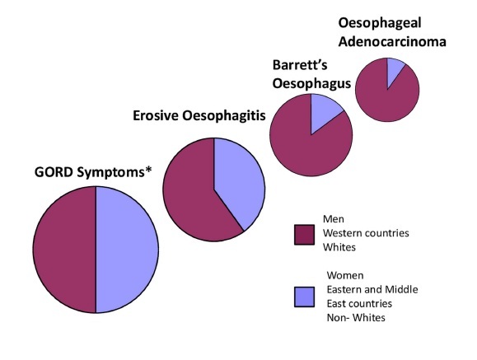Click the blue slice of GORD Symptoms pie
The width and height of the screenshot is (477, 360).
coord(127,250)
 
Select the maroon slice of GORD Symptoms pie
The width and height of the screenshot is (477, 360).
coord(64,250)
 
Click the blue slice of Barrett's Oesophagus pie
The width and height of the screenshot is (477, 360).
coord(323,111)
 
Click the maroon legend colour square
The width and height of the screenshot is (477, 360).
coord(304,235)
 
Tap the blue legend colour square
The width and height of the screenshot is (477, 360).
coord(304,297)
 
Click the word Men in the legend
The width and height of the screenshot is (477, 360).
coord(334,219)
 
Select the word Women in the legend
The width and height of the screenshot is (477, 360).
coord(345,275)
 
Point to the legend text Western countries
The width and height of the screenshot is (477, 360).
coord(366,233)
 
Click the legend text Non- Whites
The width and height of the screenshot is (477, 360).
coord(356,318)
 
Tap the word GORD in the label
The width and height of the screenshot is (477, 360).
coord(54,172)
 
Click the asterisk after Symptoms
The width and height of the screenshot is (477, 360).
coord(148,170)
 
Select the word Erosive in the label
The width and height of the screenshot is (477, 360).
coord(156,115)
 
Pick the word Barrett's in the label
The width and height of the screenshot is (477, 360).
coord(300,65)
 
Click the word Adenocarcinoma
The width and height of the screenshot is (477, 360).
coord(392,42)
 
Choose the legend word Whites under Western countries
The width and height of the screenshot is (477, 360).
coord(339,247)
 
